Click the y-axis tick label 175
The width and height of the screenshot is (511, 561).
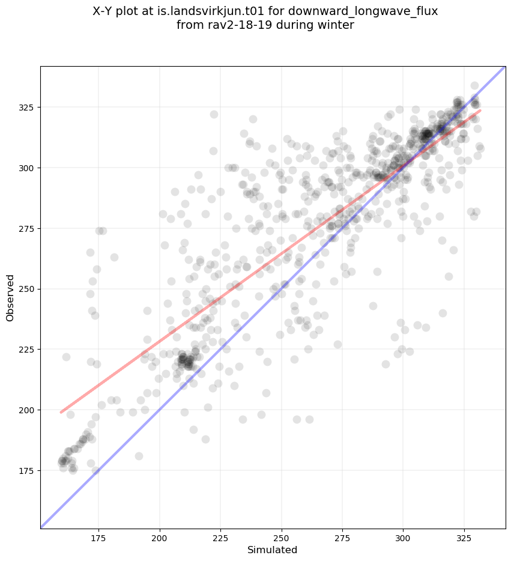click(x=28, y=471)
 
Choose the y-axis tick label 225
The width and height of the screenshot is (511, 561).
click(x=28, y=350)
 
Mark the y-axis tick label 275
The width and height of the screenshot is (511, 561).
click(x=28, y=229)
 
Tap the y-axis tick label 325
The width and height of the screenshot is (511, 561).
click(x=28, y=108)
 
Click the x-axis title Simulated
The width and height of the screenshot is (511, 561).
click(x=273, y=550)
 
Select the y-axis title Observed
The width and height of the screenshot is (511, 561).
click(x=10, y=297)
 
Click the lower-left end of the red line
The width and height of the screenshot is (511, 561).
click(x=61, y=412)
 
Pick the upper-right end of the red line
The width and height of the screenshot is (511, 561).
click(x=480, y=111)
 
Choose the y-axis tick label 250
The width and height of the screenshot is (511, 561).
click(x=28, y=289)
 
